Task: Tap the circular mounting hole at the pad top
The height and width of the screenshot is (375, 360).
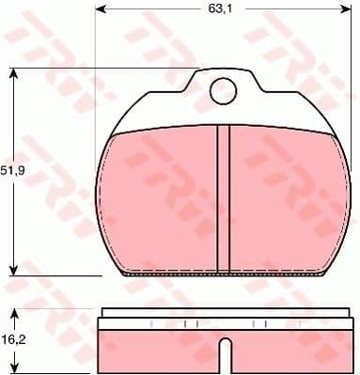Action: coord(223,91)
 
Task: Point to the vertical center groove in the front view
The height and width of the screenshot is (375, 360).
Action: coord(223,197)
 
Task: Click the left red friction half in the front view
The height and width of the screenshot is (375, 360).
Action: coord(160,202)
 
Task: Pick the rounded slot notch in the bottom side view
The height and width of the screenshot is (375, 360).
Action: coord(223,356)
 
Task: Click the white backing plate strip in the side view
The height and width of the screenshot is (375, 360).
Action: coord(223,316)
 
